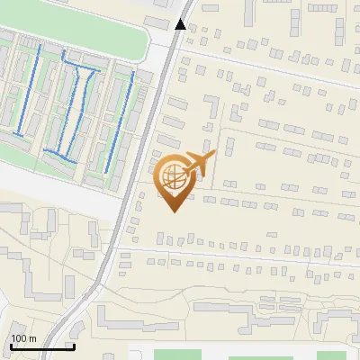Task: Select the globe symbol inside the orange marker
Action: tap(175, 178)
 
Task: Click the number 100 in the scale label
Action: tap(18, 338)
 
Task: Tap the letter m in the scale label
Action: tap(31, 338)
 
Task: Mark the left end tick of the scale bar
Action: tap(11, 346)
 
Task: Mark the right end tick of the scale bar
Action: tap(73, 346)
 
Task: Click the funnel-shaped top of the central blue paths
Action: tap(80, 70)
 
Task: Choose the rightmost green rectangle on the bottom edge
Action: tap(332, 355)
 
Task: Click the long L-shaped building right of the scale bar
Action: tap(135, 319)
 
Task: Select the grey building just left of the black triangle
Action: tap(158, 20)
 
